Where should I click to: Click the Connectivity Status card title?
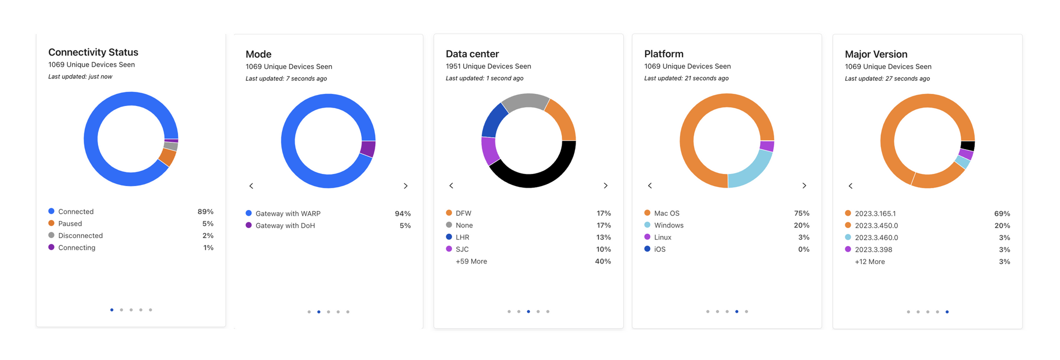pos(93,52)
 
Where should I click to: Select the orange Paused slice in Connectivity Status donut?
pos(167,157)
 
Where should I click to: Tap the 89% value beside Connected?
pos(205,212)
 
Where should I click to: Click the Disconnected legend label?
pos(80,235)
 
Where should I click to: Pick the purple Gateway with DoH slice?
pos(368,148)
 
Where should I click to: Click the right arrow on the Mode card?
pos(405,186)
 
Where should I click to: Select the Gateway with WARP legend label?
pos(288,214)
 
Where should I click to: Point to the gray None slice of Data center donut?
pos(525,101)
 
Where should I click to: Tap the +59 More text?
pos(471,261)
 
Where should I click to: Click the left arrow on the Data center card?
pos(452,186)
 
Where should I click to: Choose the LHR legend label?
pos(462,237)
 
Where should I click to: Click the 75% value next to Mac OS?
pos(801,213)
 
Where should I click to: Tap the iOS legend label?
pos(659,249)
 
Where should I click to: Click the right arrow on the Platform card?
pos(804,186)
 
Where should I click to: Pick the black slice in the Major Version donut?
pos(968,146)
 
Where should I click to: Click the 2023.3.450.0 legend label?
pos(876,225)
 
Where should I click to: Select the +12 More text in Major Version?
pos(870,262)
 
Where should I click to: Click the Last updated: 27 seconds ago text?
pos(887,78)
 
